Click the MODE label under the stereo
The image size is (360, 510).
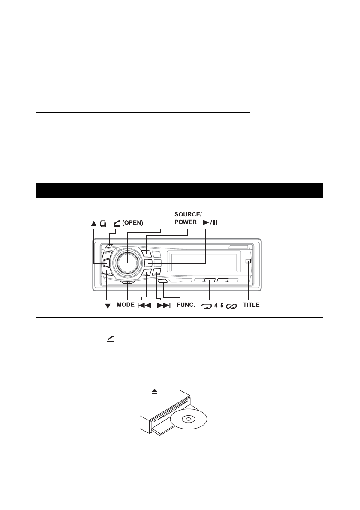tap(126, 305)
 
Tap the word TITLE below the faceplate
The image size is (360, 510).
tap(252, 305)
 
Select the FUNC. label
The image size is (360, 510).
tap(186, 305)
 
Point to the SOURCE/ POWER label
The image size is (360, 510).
tap(188, 218)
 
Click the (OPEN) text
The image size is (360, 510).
tap(133, 223)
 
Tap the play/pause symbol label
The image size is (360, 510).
tap(210, 223)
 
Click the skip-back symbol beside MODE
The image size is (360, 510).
tap(144, 306)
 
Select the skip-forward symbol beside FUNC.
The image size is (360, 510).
tap(164, 306)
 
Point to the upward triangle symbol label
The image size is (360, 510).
tap(94, 223)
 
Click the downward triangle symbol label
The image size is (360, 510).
tap(108, 306)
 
